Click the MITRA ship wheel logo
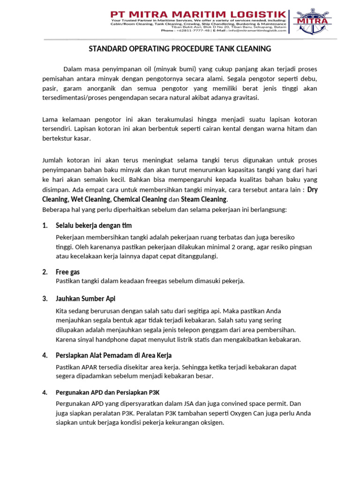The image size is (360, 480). click(x=311, y=21)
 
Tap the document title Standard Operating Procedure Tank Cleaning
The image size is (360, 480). click(x=180, y=49)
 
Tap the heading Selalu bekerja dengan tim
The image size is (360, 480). click(x=93, y=225)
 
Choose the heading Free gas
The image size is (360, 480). click(x=67, y=272)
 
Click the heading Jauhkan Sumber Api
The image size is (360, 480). click(x=85, y=299)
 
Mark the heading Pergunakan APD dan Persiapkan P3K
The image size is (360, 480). click(x=111, y=392)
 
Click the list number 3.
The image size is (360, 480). click(x=45, y=299)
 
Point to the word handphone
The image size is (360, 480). click(x=111, y=339)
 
